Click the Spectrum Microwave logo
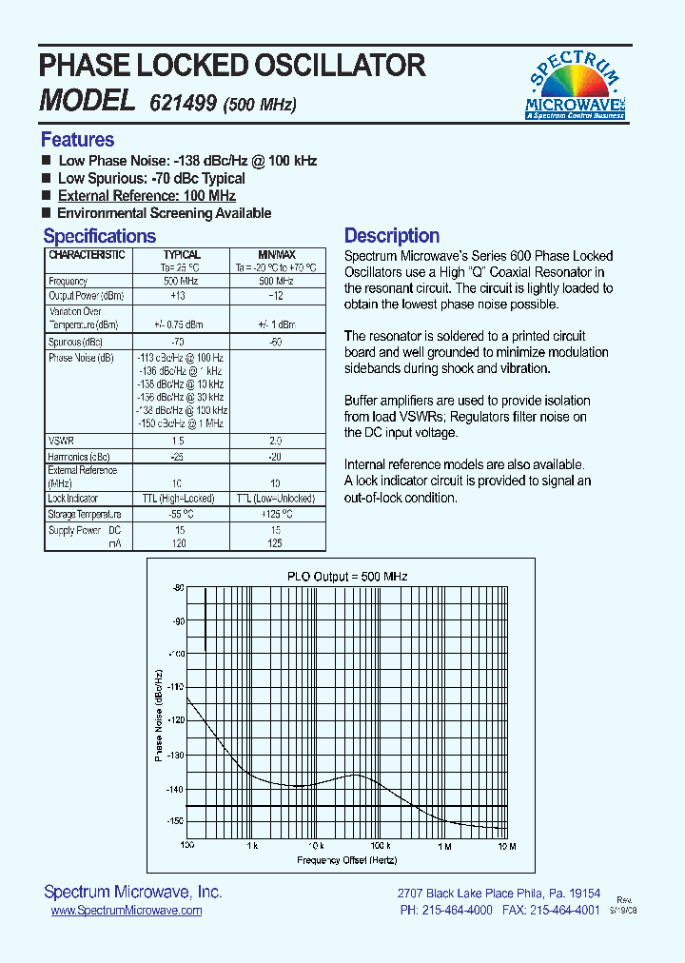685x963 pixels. [576, 88]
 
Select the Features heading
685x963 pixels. [77, 140]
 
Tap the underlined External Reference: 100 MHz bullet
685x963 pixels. [147, 196]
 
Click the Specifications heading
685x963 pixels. [99, 236]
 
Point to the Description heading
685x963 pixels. [391, 236]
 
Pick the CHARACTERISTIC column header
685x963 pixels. [87, 256]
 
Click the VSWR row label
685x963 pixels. [60, 442]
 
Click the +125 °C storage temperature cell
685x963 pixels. [277, 515]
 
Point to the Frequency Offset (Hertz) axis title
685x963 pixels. [347, 860]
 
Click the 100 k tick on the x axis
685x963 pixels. [380, 846]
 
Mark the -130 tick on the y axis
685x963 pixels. [175, 755]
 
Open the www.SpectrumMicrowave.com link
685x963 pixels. [126, 911]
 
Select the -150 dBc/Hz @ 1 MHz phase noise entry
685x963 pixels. [181, 423]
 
